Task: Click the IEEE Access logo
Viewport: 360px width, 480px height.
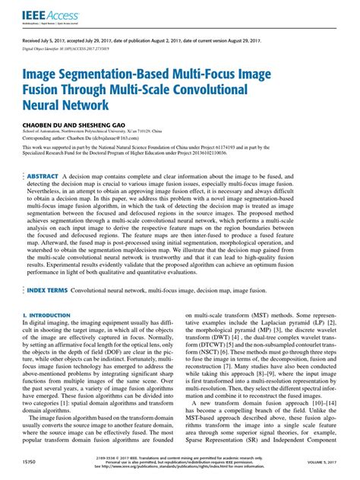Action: [x=44, y=12]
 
